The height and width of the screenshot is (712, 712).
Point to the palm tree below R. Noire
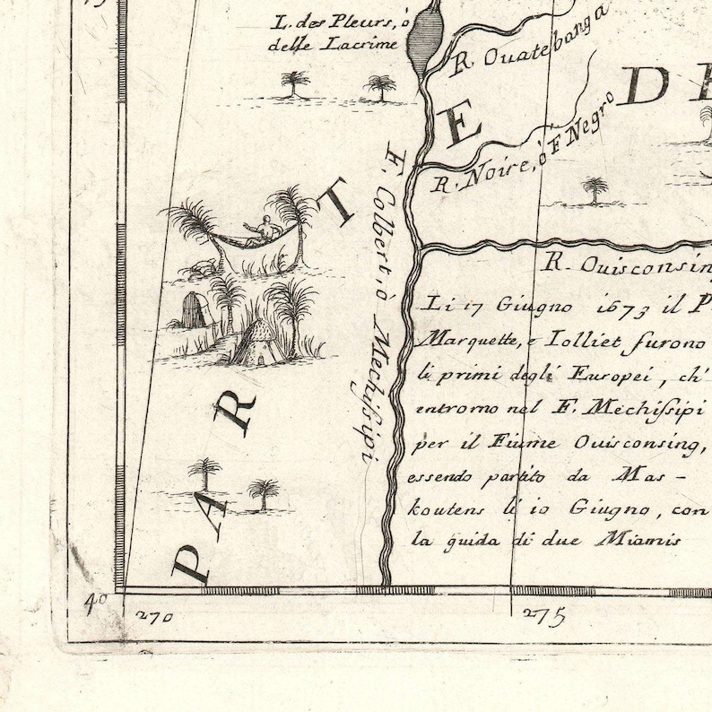coord(594,190)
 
